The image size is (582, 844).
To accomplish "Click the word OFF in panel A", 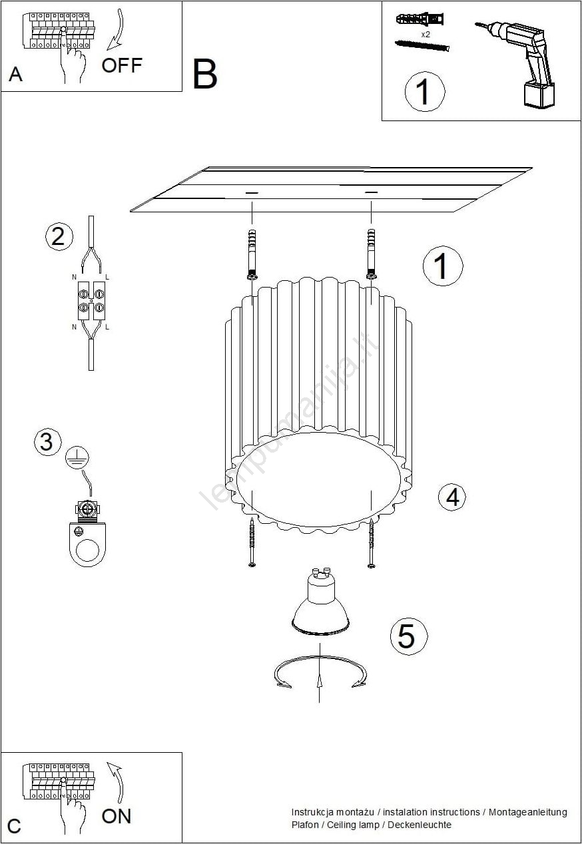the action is [x=122, y=65].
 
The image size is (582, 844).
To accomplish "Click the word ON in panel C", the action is [x=117, y=817].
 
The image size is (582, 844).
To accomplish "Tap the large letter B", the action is [x=205, y=74].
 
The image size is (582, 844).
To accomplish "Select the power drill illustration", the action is [x=518, y=65].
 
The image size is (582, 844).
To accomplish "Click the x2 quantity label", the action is [x=426, y=35].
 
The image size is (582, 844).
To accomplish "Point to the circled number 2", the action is [x=59, y=237].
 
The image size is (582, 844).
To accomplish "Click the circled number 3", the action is [x=48, y=441].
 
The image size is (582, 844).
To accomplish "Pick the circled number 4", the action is [x=452, y=497].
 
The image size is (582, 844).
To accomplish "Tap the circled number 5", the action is [x=409, y=637].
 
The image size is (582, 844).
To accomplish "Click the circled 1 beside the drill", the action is [x=425, y=92].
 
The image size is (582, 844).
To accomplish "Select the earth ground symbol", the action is [x=77, y=457].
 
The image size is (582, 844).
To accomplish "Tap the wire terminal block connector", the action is [x=91, y=301].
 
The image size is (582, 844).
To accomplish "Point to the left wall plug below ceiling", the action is [x=252, y=254].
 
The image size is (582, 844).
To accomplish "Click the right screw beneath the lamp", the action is [x=372, y=543].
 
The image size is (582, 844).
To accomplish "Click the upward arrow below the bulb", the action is [x=320, y=674].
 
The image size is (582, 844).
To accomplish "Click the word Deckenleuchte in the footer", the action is [x=419, y=825].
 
